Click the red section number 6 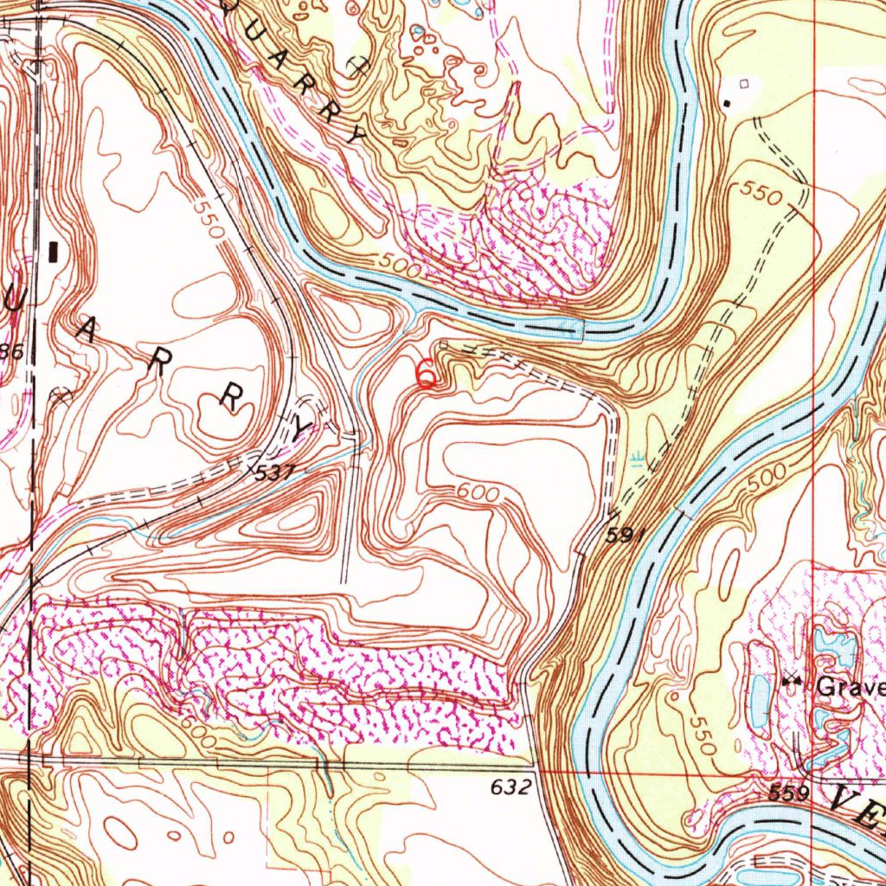pos(426,374)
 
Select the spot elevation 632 pos(509,788)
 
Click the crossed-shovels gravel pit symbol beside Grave pos(792,682)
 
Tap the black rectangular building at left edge pos(55,252)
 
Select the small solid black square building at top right pos(728,104)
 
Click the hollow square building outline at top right pos(744,84)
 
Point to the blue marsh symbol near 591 pos(639,457)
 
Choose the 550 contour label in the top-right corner pos(761,195)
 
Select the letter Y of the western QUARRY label pos(300,427)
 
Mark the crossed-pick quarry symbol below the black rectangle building pos(61,397)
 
